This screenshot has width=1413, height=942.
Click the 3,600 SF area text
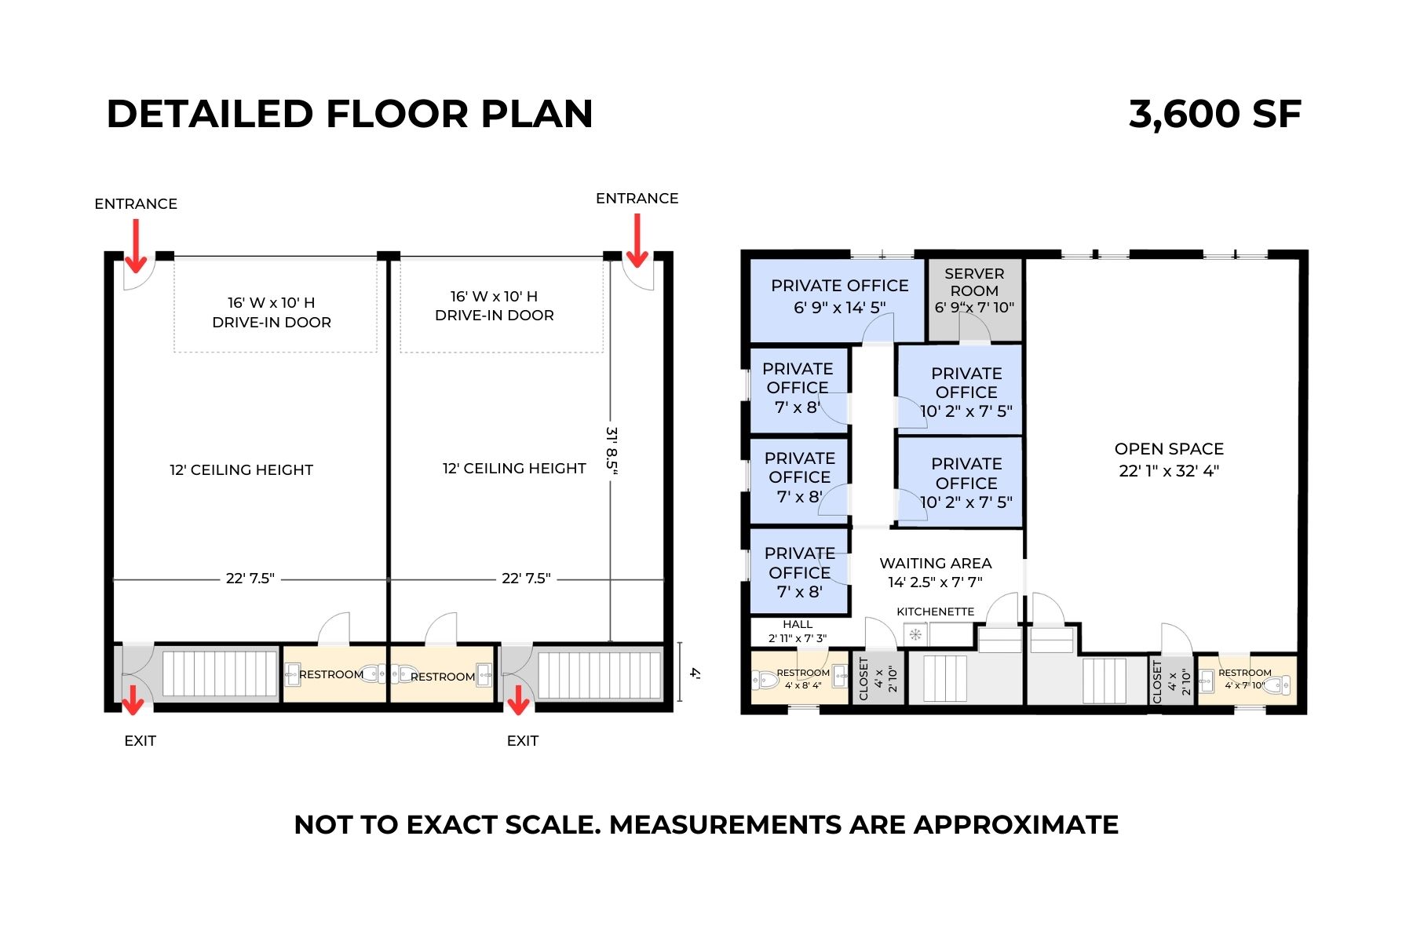tap(1214, 115)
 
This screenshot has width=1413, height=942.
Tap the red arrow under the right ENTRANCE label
tap(637, 241)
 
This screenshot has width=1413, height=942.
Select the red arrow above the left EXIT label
tap(133, 699)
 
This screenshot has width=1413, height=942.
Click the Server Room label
tap(974, 290)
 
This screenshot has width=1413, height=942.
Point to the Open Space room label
tap(1169, 459)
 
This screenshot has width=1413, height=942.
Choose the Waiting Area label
tap(935, 572)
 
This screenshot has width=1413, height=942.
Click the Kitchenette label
tap(935, 612)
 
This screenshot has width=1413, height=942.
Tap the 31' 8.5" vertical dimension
tap(612, 450)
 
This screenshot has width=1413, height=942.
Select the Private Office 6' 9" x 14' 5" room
tap(839, 297)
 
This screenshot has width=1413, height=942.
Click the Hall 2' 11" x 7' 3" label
tap(798, 631)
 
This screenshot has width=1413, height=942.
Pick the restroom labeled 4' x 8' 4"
tap(800, 678)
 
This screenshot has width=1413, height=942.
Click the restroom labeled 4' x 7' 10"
tap(1244, 679)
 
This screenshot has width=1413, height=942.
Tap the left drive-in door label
tap(272, 312)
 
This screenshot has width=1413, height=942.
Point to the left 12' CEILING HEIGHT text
tap(241, 470)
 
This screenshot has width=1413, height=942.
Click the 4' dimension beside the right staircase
tap(694, 673)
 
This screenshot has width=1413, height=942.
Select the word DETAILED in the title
tap(209, 115)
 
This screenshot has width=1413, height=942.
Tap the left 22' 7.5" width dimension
tap(250, 579)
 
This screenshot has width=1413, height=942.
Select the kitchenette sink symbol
tap(915, 634)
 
